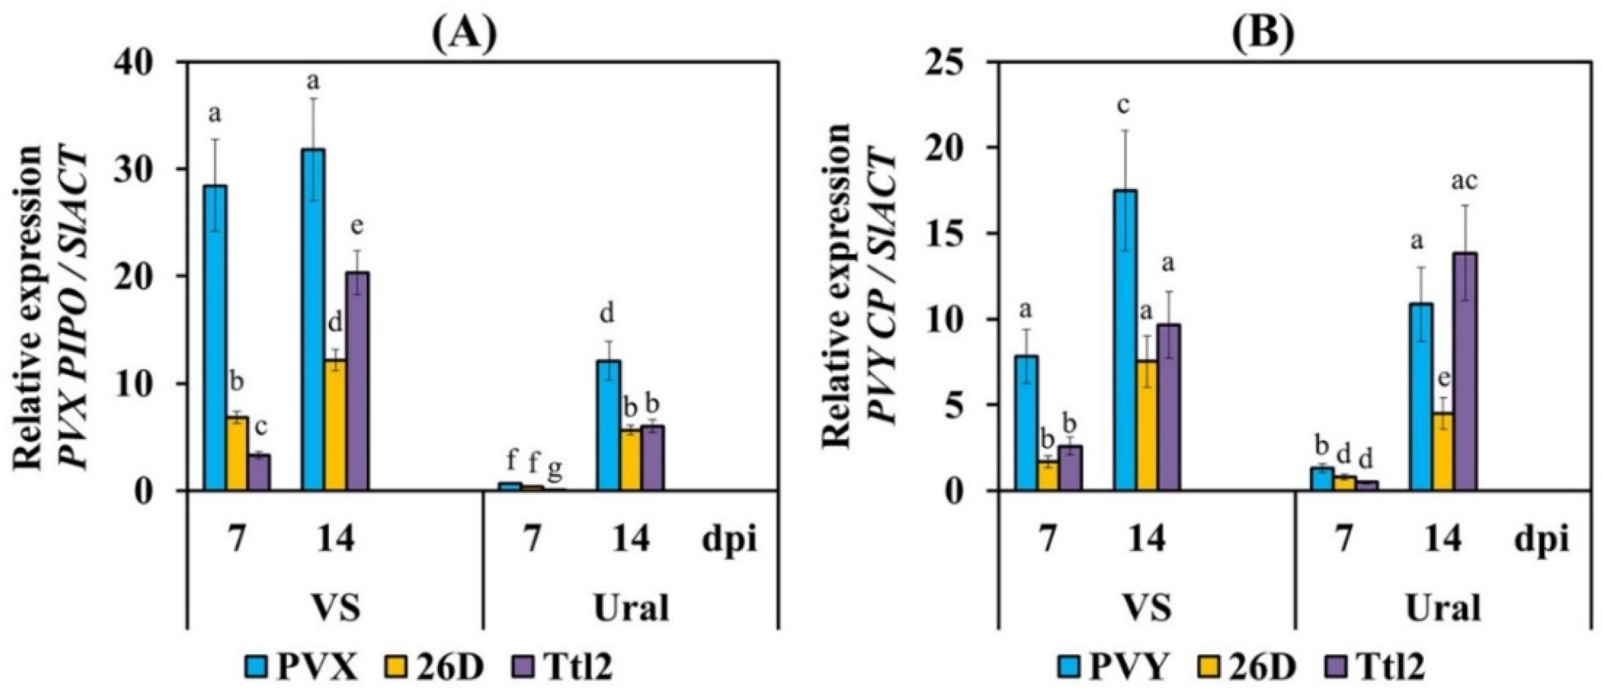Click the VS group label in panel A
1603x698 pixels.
pos(336,608)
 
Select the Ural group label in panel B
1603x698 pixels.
pos(1444,608)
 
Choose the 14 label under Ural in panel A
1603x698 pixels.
pos(630,539)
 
